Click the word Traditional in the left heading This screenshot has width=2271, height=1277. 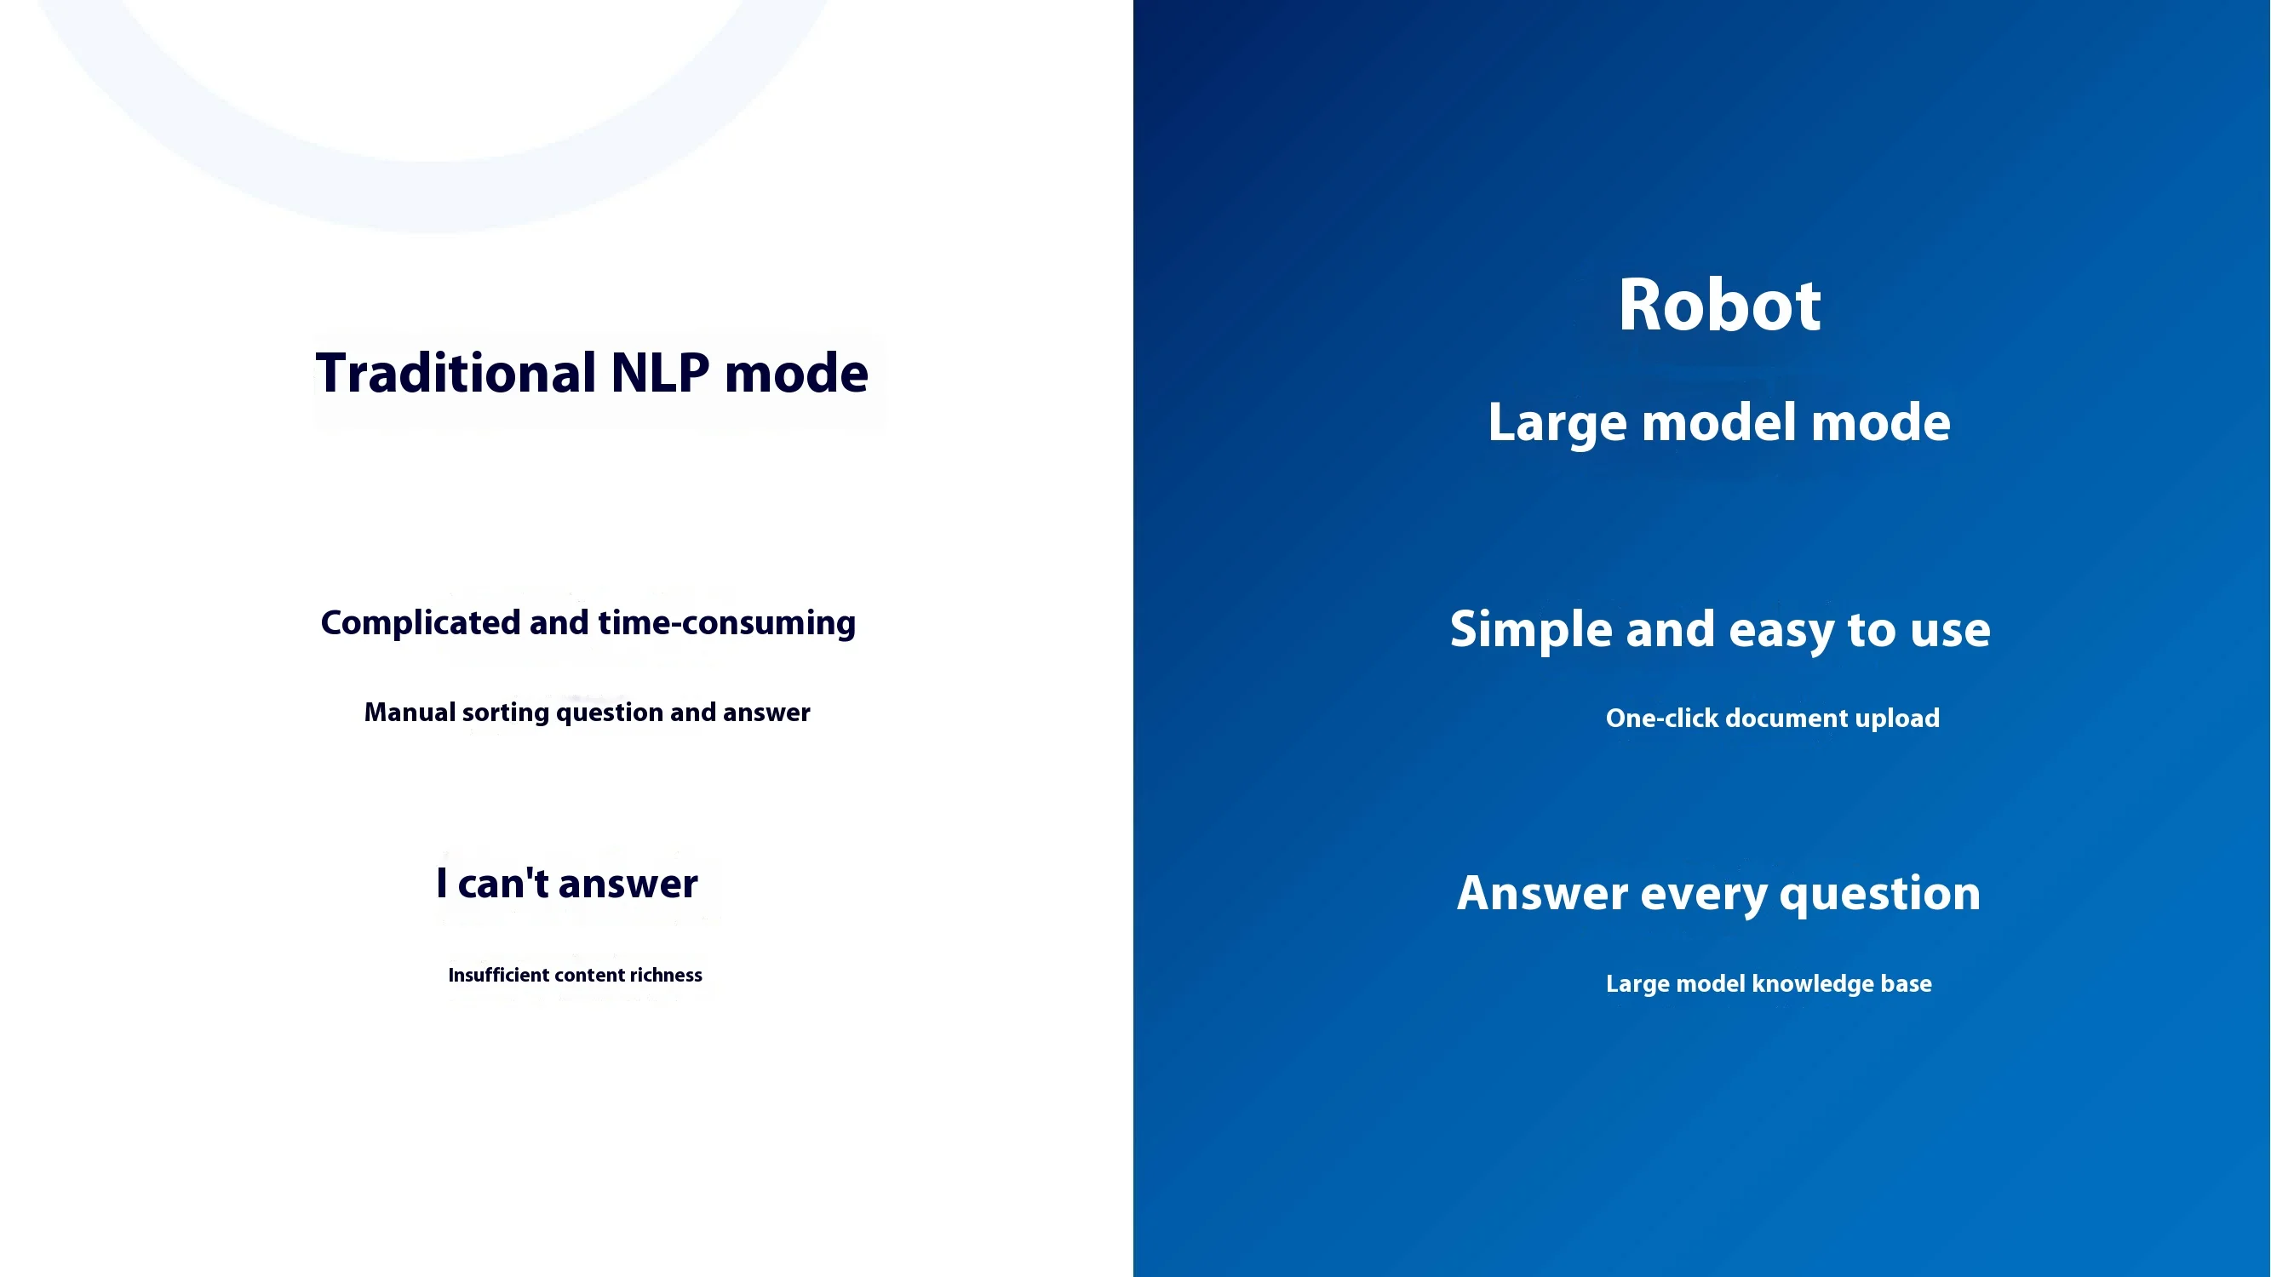point(456,373)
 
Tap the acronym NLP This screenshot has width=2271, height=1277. point(659,373)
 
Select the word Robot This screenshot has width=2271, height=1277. point(1719,305)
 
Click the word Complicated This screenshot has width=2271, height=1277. point(421,623)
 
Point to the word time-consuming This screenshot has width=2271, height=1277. point(726,623)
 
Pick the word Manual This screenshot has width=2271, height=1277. point(410,712)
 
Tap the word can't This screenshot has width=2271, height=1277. point(503,883)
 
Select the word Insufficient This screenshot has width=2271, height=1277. point(499,975)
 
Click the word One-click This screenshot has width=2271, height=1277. point(1662,719)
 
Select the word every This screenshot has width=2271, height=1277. point(1704,895)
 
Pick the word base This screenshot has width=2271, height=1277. point(1906,983)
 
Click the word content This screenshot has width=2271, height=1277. point(590,975)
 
